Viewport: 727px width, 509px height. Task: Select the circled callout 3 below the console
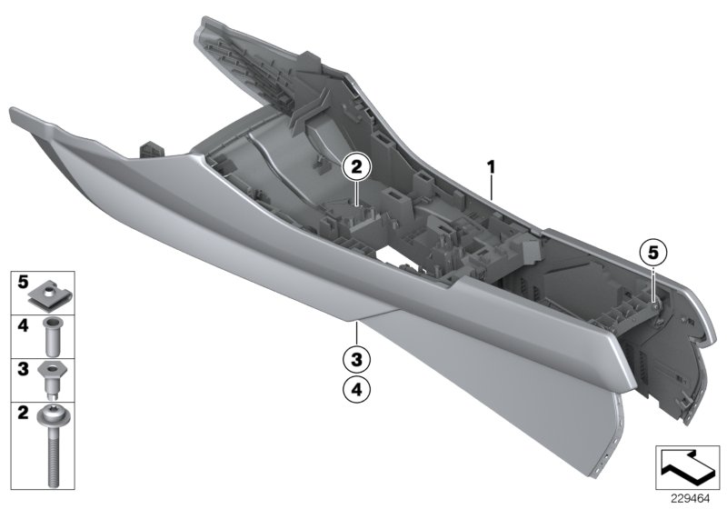[x=357, y=358]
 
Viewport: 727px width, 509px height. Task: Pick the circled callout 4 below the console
[x=357, y=390]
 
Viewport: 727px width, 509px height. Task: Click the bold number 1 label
[x=491, y=167]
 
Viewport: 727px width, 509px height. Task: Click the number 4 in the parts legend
[x=25, y=324]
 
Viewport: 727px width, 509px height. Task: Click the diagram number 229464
[x=690, y=499]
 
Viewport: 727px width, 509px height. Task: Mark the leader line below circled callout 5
[x=653, y=277]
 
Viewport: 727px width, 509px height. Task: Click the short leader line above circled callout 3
[x=357, y=332]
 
